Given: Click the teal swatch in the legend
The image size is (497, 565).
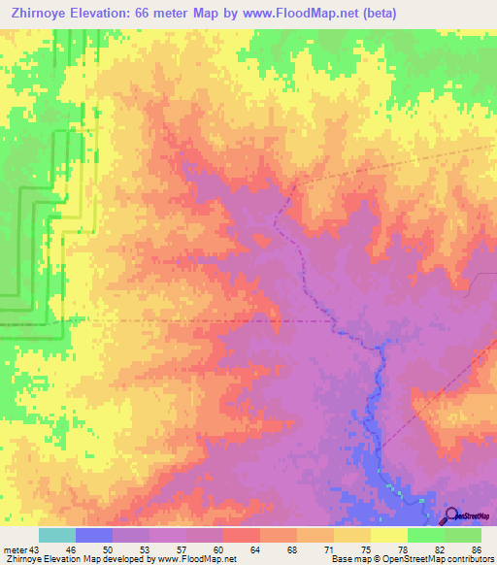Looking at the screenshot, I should (x=57, y=535).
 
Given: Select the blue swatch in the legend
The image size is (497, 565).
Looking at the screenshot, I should (x=94, y=535).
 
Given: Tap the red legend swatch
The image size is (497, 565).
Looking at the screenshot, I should (x=241, y=535).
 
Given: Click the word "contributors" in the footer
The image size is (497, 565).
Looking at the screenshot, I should (x=469, y=559).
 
